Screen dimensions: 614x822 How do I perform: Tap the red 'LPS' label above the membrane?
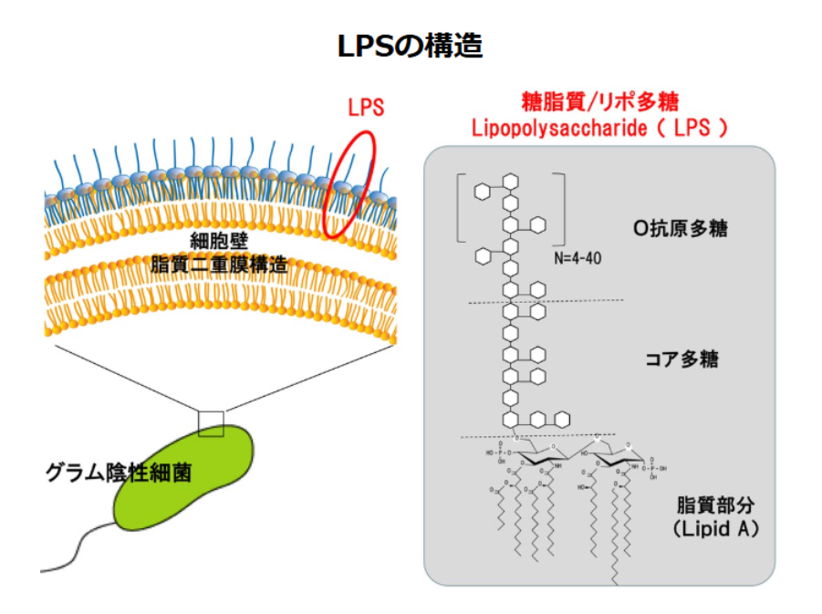coord(366,107)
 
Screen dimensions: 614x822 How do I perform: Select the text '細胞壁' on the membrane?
coord(219,241)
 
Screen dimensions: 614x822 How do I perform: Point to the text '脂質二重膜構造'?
coord(219,265)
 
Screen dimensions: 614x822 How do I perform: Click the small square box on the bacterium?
coord(211,423)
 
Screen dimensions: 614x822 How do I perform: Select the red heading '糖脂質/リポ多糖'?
coord(599,101)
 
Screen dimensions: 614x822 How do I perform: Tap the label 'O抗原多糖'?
coord(680,228)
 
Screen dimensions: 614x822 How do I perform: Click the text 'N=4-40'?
coord(577,258)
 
